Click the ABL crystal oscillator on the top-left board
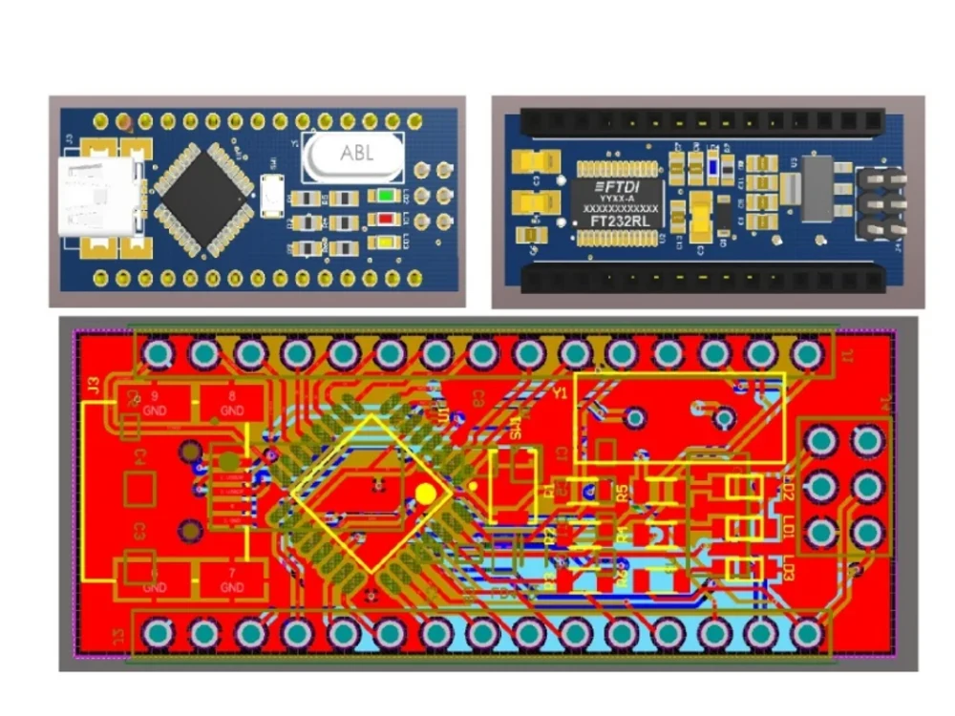tap(352, 154)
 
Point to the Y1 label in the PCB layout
tap(561, 392)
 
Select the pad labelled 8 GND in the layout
tap(232, 404)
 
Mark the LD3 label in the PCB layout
tap(788, 574)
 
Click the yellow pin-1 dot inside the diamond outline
tap(426, 494)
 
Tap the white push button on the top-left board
tap(271, 196)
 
